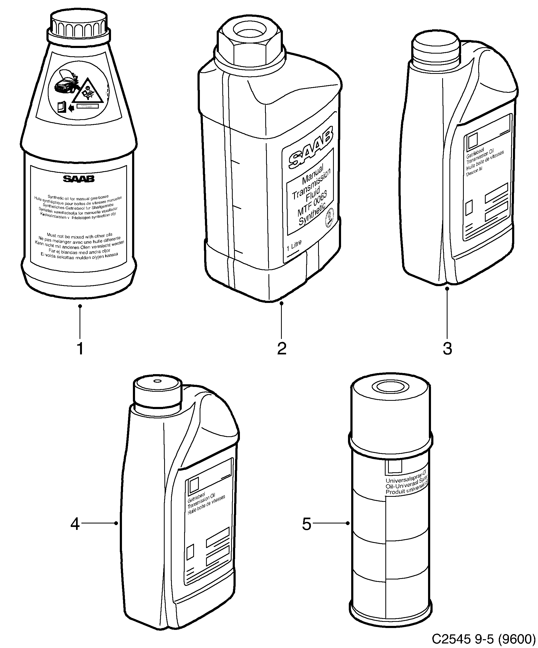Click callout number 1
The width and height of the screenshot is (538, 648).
tap(80, 349)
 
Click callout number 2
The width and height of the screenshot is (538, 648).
tap(281, 349)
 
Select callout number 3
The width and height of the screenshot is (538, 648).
tap(447, 349)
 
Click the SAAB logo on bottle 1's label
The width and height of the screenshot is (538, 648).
tap(79, 179)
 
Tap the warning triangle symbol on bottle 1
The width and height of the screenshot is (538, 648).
tap(88, 92)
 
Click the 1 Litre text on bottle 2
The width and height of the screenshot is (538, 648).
tap(294, 246)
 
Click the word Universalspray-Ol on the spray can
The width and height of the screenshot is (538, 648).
tap(406, 477)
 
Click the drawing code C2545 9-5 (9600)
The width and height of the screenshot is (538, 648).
tap(483, 639)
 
